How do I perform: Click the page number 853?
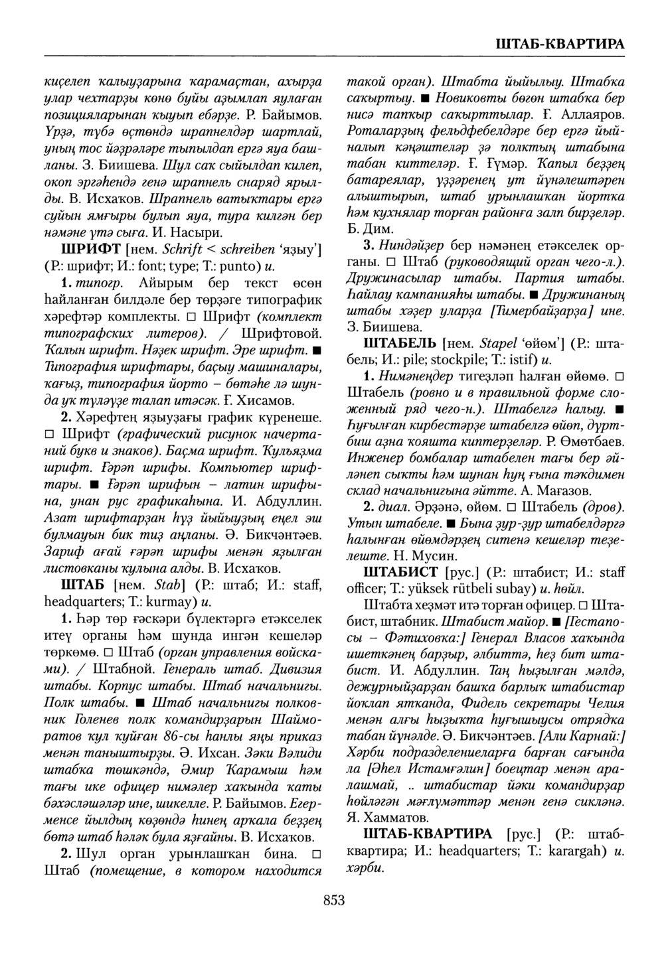pyautogui.click(x=334, y=900)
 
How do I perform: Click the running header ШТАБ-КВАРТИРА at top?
pyautogui.click(x=560, y=44)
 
